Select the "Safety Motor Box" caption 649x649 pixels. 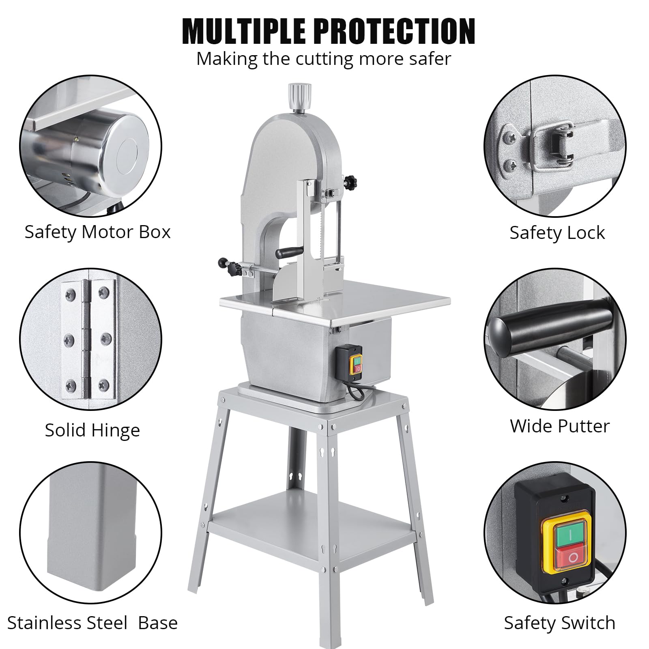[97, 232]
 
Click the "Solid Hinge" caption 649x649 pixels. [92, 430]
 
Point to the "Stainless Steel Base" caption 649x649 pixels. [92, 623]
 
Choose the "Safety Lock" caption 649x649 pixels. [557, 233]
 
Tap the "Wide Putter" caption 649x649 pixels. [560, 426]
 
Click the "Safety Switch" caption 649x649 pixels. [559, 623]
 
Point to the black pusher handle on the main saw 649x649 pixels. [289, 252]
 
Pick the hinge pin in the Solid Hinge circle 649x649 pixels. [86, 339]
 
